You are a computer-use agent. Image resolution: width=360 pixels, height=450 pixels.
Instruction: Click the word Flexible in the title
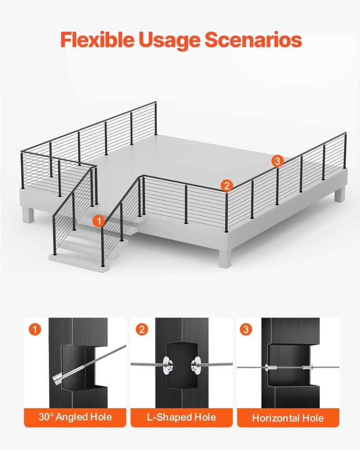(98, 40)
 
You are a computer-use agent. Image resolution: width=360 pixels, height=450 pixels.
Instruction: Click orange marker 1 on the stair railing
(99, 221)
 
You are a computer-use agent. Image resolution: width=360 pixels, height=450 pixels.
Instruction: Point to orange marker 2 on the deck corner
(226, 185)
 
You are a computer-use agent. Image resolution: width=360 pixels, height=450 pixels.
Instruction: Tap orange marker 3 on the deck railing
(276, 161)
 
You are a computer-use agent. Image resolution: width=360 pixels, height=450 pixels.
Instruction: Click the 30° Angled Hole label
(75, 417)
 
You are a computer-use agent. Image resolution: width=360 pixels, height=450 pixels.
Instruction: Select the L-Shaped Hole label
(181, 417)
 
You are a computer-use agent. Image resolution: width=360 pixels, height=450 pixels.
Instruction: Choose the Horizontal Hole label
(288, 417)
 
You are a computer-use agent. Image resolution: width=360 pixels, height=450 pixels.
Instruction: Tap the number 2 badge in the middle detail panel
(141, 329)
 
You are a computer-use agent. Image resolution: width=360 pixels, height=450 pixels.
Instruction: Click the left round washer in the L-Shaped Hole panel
(167, 364)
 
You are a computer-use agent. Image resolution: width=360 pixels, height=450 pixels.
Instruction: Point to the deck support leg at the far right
(339, 194)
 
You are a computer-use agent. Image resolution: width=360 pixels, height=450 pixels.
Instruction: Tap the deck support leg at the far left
(28, 214)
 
